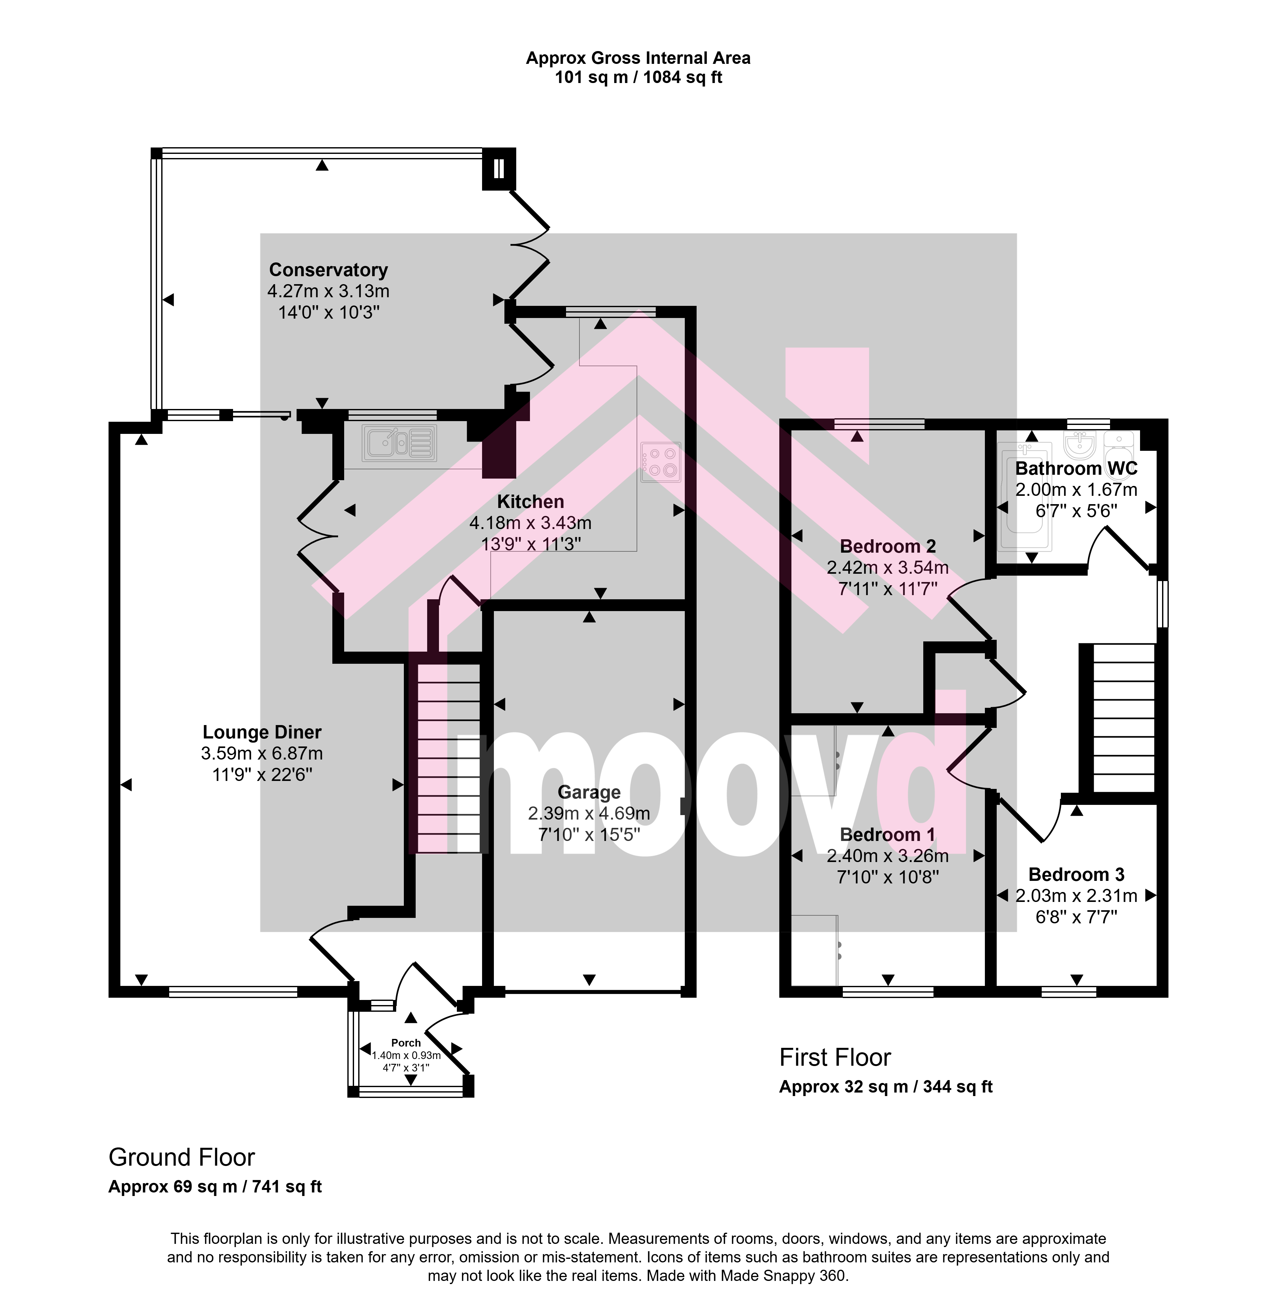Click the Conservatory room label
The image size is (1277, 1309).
(x=329, y=270)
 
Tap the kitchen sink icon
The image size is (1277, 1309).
(x=399, y=443)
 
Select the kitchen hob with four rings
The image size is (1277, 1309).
(x=661, y=462)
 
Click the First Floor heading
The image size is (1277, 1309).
(x=835, y=1057)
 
